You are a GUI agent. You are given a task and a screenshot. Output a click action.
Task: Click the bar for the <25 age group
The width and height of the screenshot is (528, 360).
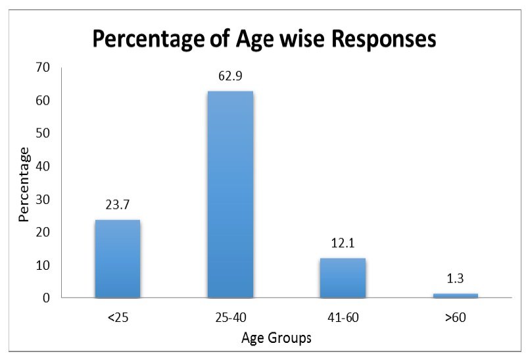(x=117, y=259)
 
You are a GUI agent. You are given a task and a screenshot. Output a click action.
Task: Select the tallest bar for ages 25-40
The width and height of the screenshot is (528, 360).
(x=230, y=194)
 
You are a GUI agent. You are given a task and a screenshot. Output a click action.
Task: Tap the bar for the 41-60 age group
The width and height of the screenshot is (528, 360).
(x=343, y=278)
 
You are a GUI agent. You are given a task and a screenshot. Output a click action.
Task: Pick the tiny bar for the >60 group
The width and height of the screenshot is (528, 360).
(x=455, y=296)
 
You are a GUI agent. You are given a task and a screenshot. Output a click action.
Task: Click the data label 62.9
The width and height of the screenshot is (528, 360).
(x=230, y=77)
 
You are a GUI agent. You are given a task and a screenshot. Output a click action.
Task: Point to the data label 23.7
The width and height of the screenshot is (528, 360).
(x=117, y=205)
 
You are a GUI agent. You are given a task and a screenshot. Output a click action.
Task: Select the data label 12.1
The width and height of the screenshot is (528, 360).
(x=343, y=244)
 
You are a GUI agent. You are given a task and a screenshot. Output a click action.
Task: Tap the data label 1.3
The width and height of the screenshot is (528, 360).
(x=455, y=279)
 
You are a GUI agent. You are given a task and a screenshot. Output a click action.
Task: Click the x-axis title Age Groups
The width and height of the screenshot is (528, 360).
(x=276, y=339)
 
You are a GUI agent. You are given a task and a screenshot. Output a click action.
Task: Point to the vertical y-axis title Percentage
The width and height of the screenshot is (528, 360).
(x=24, y=184)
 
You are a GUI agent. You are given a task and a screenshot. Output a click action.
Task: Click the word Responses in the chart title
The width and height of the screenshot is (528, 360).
(x=373, y=39)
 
